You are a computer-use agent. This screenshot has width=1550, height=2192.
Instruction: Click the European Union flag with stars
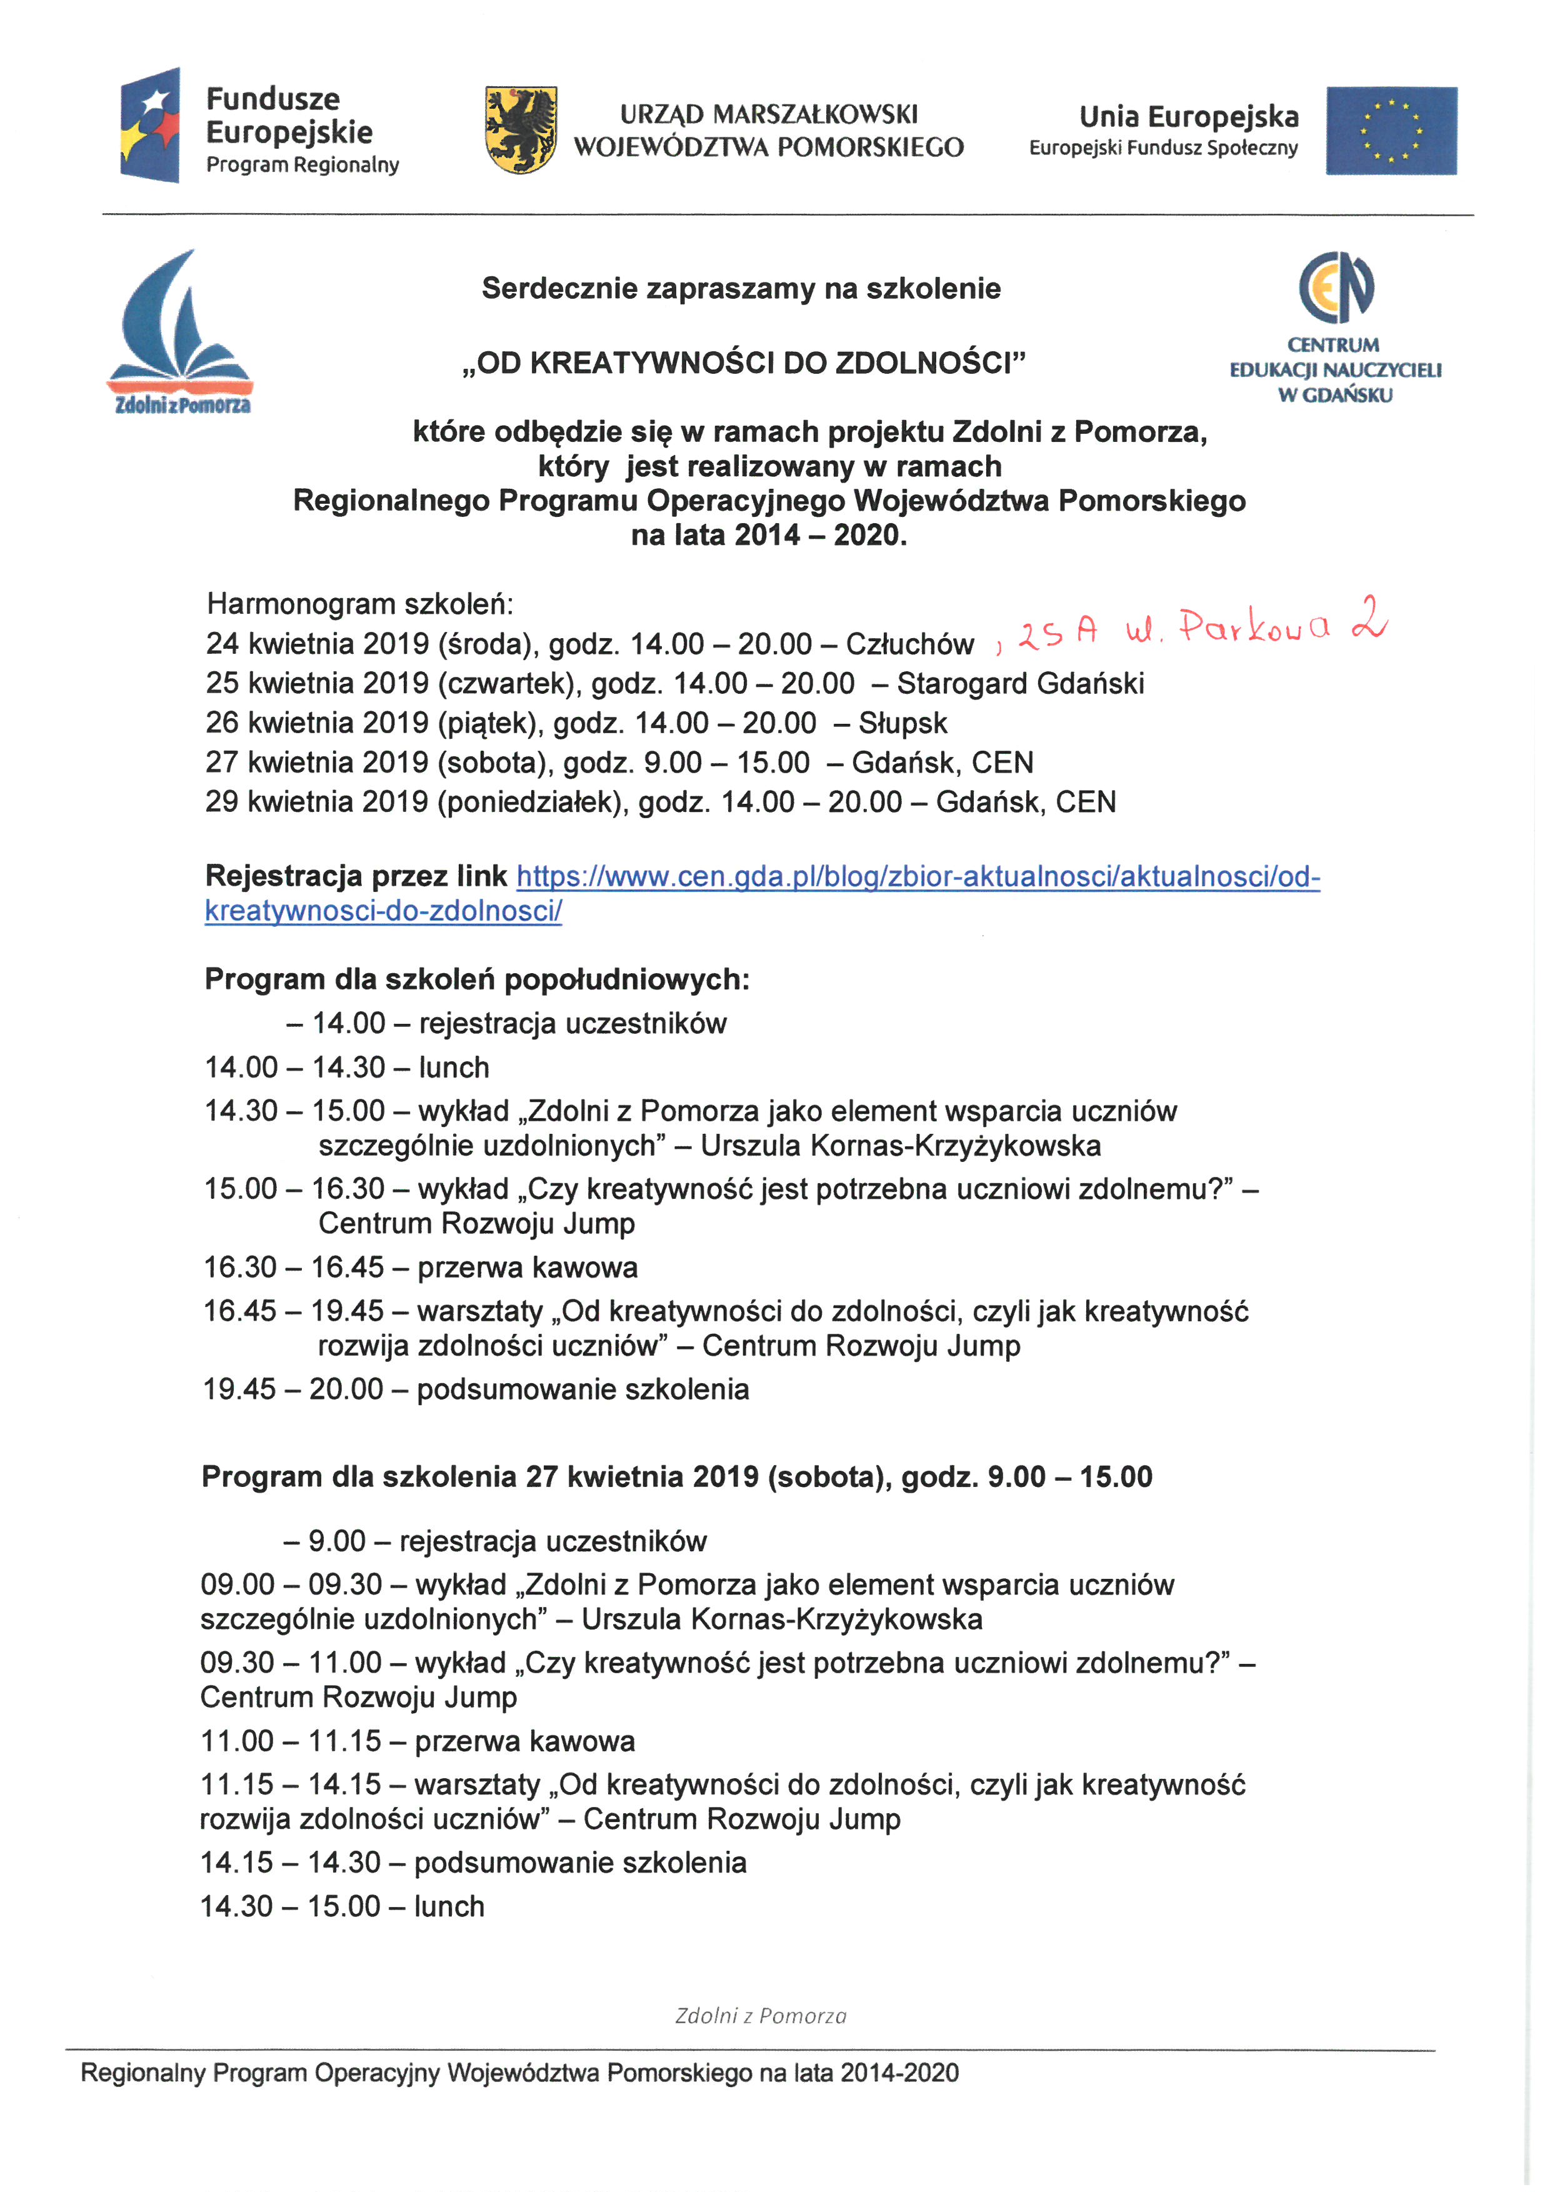[x=1391, y=131]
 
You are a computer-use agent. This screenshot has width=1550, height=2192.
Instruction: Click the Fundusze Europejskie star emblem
[x=151, y=124]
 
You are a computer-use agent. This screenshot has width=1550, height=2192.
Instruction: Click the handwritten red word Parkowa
[x=1253, y=628]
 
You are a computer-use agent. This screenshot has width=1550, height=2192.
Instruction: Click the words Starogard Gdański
[x=1019, y=684]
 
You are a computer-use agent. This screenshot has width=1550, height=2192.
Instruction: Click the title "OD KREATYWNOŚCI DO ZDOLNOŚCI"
[x=742, y=364]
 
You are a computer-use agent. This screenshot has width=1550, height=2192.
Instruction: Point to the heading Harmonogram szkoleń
[x=360, y=604]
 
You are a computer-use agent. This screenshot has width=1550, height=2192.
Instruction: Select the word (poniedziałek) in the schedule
[x=532, y=802]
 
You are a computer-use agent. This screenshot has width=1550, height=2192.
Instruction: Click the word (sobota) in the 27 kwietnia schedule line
[x=491, y=763]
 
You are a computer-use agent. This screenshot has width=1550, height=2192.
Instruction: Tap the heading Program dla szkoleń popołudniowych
[x=477, y=979]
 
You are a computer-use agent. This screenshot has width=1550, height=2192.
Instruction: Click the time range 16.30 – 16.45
[x=294, y=1268]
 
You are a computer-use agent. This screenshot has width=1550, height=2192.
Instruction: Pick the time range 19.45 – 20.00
[x=293, y=1389]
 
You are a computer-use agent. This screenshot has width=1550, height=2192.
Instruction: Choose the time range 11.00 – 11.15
[x=291, y=1741]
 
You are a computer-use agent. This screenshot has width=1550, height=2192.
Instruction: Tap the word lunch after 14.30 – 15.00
[x=449, y=1906]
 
